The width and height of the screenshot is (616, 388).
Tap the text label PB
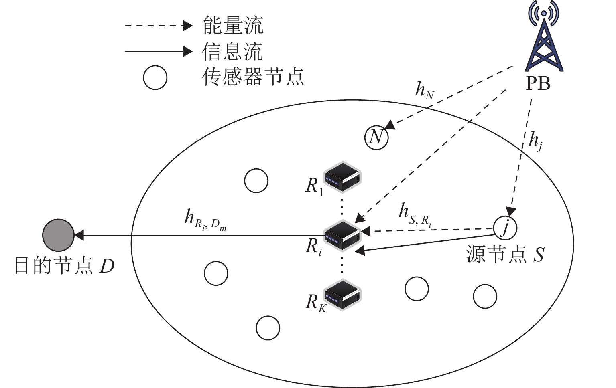coord(538,84)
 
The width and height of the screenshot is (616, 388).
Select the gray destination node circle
coord(59,235)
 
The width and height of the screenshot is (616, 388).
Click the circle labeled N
coord(376,137)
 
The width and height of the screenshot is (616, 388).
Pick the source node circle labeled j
coord(505,228)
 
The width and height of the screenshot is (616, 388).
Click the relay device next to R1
coord(343,177)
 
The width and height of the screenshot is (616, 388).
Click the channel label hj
coord(536,141)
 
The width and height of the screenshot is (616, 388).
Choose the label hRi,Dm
coord(205,220)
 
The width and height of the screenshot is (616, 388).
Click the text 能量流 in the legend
coord(233,26)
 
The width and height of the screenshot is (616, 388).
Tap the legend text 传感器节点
coord(253,76)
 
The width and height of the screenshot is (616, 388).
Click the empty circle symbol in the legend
coord(155,78)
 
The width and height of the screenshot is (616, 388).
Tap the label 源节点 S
coord(505,254)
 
